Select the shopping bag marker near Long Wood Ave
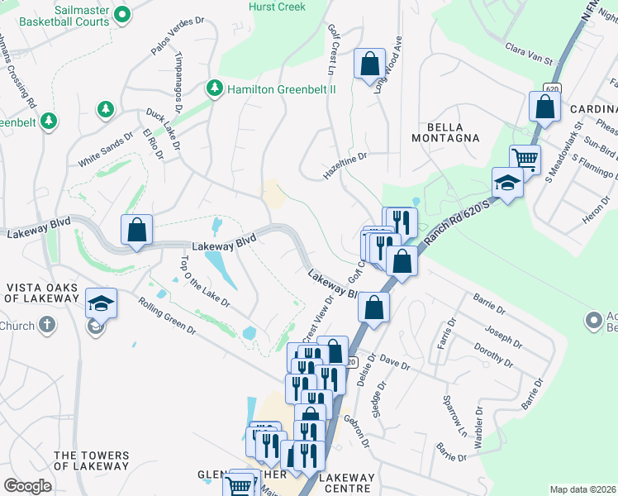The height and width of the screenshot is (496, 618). point(369,62)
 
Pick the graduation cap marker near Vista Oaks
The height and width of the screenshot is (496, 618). point(101,303)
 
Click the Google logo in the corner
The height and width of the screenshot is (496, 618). point(27,486)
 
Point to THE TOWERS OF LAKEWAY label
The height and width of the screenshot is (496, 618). point(91,460)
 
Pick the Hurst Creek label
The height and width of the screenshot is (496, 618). point(277,7)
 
